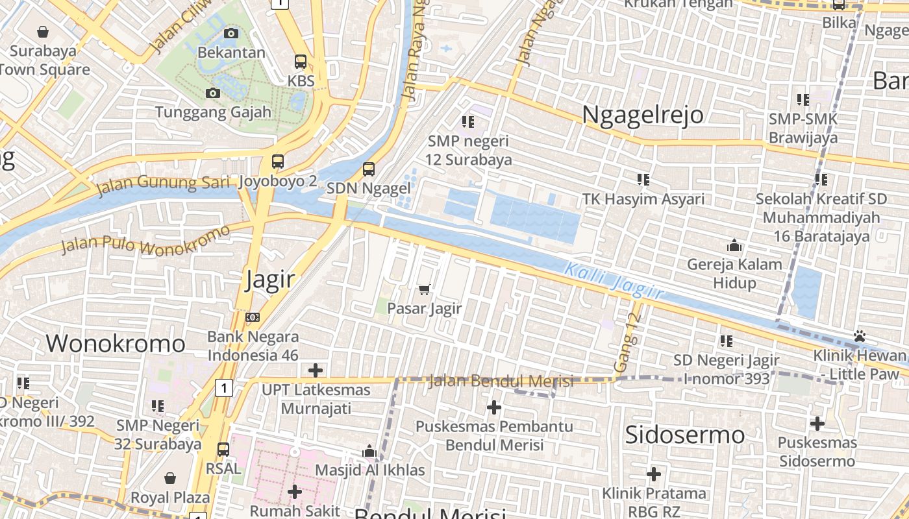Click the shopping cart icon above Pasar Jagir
point(425,289)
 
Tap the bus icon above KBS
point(301,62)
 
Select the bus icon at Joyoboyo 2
point(278,162)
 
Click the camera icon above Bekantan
point(230,33)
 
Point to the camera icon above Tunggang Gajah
point(212,93)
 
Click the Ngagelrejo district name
point(642,114)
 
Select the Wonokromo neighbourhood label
point(116,343)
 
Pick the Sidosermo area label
point(684,435)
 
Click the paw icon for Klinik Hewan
point(860,336)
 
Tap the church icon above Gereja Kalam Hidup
point(734,245)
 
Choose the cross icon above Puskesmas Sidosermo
point(817,424)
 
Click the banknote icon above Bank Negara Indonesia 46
point(253,317)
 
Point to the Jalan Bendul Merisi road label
point(501,381)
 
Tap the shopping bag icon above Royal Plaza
point(170,478)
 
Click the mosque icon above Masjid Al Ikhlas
point(369,450)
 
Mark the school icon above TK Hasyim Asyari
point(643,179)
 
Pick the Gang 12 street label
point(627,343)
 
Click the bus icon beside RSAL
point(223,449)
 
